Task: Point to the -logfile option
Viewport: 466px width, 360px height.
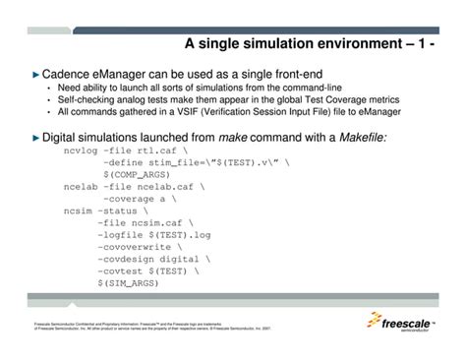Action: pos(122,234)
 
